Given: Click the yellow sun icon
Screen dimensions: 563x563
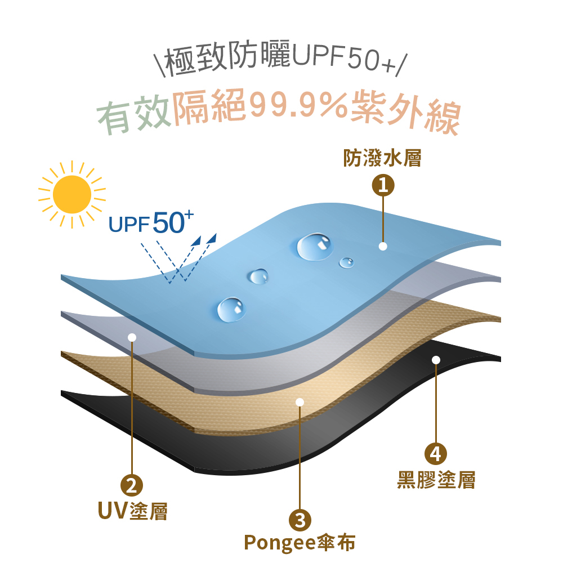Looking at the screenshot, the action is point(72,194).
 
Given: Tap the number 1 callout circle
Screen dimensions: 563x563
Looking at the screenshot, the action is point(383,185).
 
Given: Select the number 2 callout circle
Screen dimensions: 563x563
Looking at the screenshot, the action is point(132,485).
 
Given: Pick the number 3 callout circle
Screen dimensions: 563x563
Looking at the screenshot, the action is point(300,520).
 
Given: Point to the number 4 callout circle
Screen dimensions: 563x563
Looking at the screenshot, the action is point(436,453).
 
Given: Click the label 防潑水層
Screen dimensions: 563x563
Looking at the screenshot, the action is point(382,158).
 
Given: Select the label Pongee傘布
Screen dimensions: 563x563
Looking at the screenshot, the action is point(300,542).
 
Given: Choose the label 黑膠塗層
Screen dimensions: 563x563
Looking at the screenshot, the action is point(436,480).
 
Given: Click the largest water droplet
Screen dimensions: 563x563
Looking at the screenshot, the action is point(315,247).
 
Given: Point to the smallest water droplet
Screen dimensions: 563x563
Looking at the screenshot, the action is point(346,262).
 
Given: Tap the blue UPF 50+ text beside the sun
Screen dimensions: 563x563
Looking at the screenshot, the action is point(151,222).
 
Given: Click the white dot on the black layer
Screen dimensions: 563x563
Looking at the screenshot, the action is point(436,360).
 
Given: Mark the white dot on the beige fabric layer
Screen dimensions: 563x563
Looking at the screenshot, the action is point(300,402).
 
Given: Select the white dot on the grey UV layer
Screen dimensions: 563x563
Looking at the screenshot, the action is point(132,337).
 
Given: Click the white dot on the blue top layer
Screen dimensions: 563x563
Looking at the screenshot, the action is point(383,247).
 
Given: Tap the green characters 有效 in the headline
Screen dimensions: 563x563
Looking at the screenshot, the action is point(134,114).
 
